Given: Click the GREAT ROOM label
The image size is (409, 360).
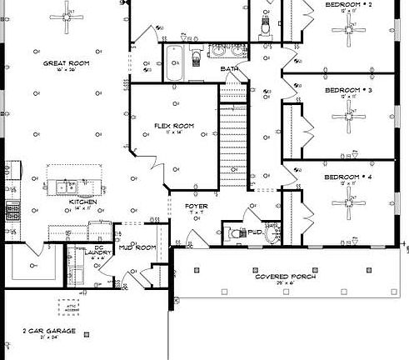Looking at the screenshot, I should pos(66,63).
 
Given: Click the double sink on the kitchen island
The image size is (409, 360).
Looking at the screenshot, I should pos(67,186).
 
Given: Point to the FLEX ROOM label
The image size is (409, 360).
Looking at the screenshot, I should pos(173,126).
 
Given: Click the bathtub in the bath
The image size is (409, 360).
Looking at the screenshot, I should pos(175,63).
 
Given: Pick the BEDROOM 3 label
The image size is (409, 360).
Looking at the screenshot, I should pos(347,89).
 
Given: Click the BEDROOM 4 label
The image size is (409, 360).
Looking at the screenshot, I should pos(347,177).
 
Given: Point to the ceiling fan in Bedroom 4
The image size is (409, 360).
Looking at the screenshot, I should pos(347,202).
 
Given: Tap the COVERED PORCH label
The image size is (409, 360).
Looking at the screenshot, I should pos(286,276).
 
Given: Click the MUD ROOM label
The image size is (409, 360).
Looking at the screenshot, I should pos(138,247).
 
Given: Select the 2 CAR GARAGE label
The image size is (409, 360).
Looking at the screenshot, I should pos(50,331).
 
